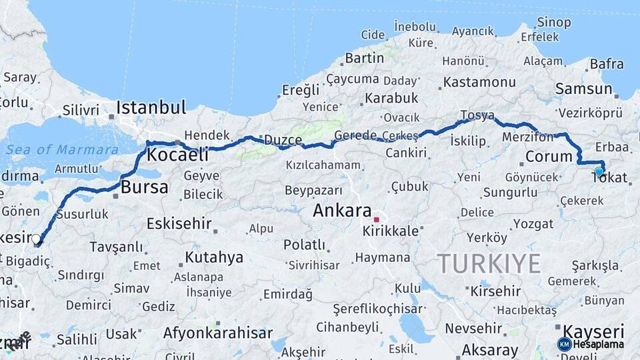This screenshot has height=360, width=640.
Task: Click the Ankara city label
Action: point(343,211)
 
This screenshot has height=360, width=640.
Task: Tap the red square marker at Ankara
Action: point(377,219)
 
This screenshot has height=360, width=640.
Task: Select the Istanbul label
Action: point(151,107)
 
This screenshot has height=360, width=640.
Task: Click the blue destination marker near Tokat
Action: point(599,171)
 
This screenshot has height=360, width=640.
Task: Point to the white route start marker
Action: point(36,239)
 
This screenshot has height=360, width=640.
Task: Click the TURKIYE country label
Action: point(489,264)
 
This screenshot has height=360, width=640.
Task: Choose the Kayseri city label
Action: point(593,331)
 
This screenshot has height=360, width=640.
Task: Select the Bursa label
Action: point(145,187)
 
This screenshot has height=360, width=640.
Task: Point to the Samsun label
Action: point(584,89)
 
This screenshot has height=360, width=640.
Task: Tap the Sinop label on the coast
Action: point(554,22)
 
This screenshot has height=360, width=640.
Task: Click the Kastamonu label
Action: point(479,82)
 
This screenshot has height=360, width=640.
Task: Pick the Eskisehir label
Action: point(179,223)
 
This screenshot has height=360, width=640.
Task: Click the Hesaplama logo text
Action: point(599,345)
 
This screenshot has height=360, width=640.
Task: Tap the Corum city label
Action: point(549,157)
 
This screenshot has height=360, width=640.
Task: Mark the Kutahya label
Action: point(214,257)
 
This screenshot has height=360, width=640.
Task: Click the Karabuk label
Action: point(391,98)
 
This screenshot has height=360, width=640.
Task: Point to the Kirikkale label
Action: point(391,231)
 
